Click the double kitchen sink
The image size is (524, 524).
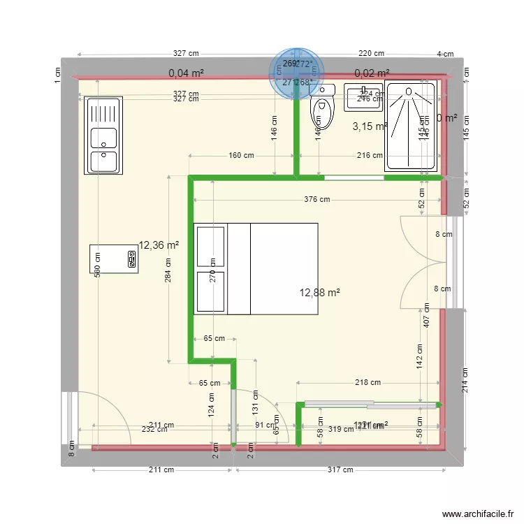point(103,136)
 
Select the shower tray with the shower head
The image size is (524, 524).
point(412,126)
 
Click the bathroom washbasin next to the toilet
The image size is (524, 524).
point(363,98)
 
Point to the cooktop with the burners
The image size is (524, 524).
point(113,259)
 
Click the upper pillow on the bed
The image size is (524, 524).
point(211,246)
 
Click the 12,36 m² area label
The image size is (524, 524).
point(159,245)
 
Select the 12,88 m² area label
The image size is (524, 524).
point(320,293)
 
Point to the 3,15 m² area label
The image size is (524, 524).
point(370,126)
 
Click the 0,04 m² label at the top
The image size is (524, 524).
point(187,73)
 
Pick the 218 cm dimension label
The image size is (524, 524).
point(367,382)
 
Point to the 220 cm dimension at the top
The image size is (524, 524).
point(371,54)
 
